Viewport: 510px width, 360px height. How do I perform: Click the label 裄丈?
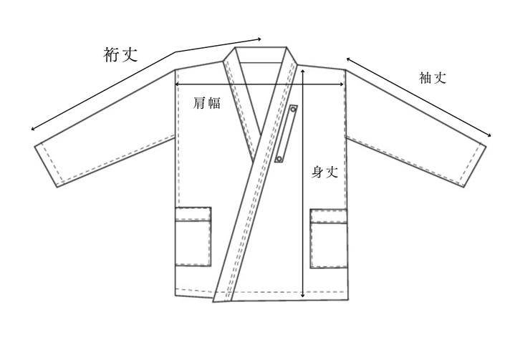click(120, 54)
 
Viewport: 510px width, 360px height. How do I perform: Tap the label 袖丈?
click(432, 78)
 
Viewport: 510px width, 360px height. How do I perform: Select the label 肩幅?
click(207, 103)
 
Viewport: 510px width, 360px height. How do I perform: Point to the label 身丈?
click(325, 172)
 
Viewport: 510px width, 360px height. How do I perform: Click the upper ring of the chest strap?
click(293, 110)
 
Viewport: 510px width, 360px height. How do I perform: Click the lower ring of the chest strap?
click(279, 159)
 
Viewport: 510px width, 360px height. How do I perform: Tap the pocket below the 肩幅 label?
click(193, 236)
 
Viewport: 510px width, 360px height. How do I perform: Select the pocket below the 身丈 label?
click(329, 239)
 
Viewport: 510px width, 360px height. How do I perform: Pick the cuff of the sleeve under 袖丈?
click(473, 165)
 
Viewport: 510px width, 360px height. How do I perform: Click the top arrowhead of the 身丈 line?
click(303, 71)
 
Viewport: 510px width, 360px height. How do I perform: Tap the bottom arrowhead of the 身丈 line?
click(303, 295)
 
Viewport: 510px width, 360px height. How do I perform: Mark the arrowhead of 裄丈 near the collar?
click(259, 39)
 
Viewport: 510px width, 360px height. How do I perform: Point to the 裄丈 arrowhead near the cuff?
click(32, 129)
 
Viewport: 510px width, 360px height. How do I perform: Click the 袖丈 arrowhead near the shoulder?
click(348, 59)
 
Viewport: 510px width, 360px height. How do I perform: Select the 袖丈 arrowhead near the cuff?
click(489, 136)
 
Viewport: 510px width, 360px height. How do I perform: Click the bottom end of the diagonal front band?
click(223, 301)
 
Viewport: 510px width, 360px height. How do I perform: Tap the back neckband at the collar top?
click(261, 54)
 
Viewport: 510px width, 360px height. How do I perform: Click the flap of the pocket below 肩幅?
click(193, 214)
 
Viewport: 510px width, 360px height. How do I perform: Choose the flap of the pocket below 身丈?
click(329, 216)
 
